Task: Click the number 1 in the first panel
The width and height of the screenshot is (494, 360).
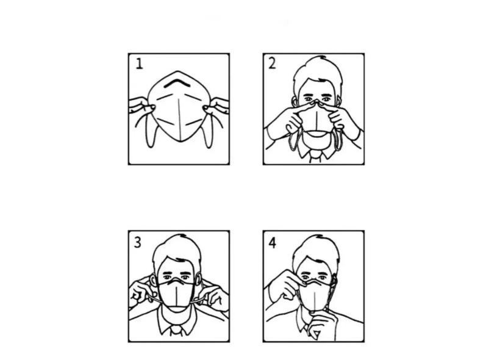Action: [x=139, y=63]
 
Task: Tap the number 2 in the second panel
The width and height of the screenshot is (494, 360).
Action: [x=272, y=63]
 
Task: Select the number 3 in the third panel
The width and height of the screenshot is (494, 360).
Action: [x=138, y=242]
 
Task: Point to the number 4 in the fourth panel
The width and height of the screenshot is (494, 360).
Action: [x=273, y=243]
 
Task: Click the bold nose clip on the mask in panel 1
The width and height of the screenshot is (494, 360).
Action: [x=177, y=82]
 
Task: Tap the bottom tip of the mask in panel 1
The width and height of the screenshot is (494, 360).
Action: [x=180, y=141]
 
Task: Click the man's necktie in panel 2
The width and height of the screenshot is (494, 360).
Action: [x=315, y=156]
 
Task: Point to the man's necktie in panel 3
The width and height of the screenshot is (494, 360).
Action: [x=176, y=333]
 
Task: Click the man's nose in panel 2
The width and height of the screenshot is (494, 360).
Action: [x=316, y=102]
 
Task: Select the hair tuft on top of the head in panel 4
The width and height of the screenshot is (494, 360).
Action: [x=320, y=236]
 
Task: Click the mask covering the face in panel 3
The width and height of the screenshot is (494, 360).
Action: [x=176, y=295]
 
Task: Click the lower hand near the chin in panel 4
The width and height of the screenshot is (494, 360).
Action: [x=321, y=325]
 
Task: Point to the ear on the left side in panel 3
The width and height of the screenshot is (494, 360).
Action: [x=154, y=279]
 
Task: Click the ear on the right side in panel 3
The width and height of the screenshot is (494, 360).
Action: [x=198, y=279]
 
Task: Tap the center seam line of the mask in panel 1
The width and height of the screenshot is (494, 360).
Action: [x=179, y=119]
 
